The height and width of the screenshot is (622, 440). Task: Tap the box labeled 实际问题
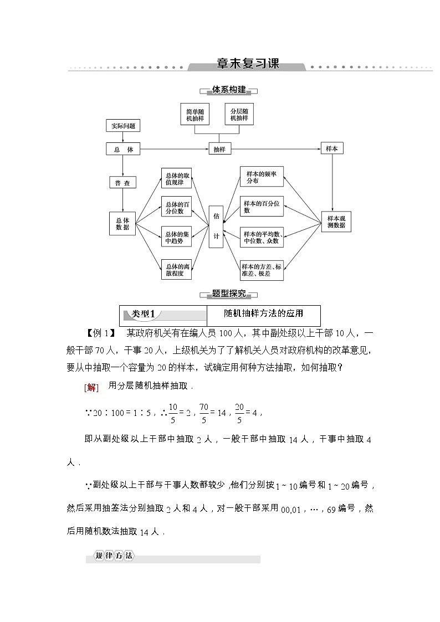pos(123,126)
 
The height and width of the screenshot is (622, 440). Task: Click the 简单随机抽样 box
pos(195,115)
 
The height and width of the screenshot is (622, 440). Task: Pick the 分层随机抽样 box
pos(239,115)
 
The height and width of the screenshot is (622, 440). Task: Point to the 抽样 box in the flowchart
pos(219,149)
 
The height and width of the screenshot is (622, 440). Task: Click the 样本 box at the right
pos(332,148)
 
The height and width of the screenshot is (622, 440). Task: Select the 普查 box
pos(122,183)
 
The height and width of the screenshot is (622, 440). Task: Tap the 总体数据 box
pos(122,223)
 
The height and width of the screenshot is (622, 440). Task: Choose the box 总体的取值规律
pos(176,179)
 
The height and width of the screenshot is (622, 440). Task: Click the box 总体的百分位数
pos(176,208)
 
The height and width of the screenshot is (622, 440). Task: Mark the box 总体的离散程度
pos(176,270)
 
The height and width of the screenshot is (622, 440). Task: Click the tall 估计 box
pos(216,226)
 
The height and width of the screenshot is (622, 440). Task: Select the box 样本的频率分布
pos(262,177)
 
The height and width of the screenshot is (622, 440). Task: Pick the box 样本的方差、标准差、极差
pos(262,270)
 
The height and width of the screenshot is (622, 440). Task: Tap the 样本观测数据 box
pos(336,222)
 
